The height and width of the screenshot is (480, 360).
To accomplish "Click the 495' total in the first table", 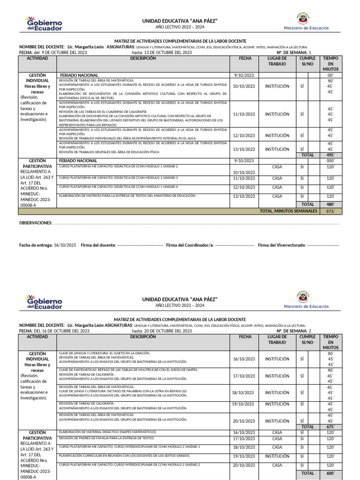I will click(330, 155).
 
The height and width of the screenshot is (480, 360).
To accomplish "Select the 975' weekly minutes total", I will click(330, 211).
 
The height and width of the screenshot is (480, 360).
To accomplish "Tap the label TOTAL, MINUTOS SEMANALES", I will click(288, 211).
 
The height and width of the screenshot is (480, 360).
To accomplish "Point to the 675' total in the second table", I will click(330, 427).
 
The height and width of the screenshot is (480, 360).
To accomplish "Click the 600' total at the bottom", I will click(330, 474).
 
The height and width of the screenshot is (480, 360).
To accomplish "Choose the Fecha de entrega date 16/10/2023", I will click(65, 245).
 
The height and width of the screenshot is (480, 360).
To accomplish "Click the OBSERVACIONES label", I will click(35, 223).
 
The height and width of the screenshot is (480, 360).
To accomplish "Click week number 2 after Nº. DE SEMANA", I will click(310, 331).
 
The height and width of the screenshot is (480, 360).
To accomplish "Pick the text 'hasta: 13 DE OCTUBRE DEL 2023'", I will click(162, 53).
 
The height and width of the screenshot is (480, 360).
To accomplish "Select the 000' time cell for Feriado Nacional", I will click(330, 160).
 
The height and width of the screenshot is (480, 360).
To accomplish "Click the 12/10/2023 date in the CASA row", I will click(244, 187).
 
